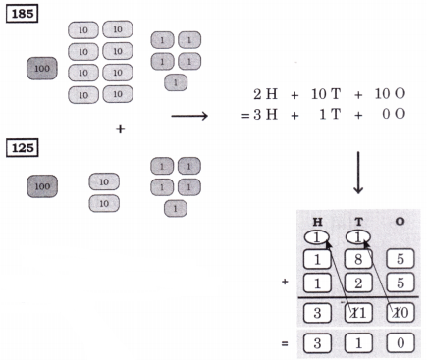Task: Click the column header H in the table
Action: pos(316,222)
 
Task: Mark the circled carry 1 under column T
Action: pos(356,237)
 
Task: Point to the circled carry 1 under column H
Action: pos(315,237)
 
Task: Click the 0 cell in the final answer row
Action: pos(400,344)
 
